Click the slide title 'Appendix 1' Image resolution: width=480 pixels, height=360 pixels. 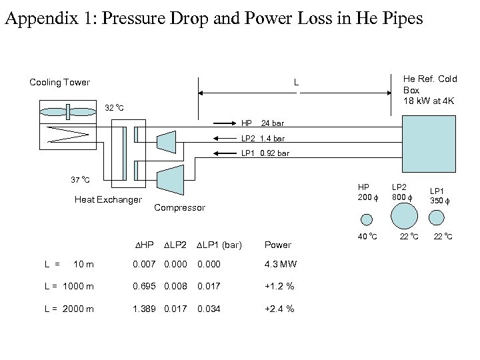[x=213, y=18]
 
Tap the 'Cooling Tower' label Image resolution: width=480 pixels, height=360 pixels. [x=59, y=83]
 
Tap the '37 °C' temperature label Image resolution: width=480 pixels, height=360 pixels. [x=81, y=180]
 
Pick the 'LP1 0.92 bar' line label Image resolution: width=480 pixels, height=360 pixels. [x=265, y=154]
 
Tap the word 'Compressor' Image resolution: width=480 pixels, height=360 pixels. [x=179, y=208]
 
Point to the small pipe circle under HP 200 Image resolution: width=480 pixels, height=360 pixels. [x=367, y=219]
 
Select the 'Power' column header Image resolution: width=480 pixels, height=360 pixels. [x=278, y=245]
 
